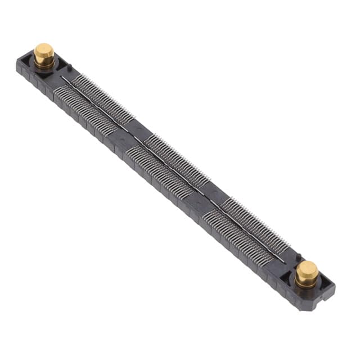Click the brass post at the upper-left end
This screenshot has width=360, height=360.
(44, 55)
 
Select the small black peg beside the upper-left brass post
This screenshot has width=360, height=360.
(69, 69)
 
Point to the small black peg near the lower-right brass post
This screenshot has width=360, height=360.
(298, 256)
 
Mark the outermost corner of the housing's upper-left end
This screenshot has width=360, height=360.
(17, 63)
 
